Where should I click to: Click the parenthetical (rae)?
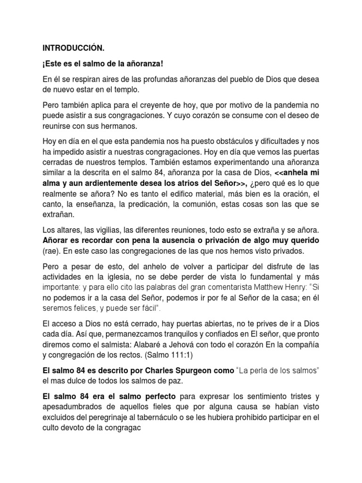(x=51, y=251)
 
